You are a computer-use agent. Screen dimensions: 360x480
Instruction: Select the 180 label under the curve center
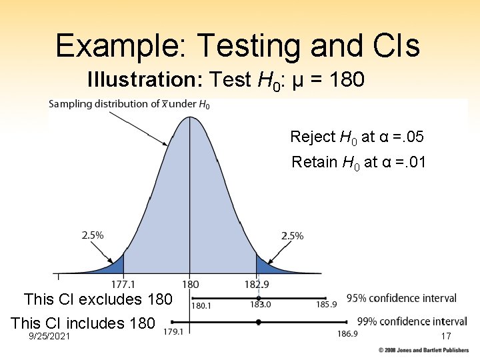click(191, 284)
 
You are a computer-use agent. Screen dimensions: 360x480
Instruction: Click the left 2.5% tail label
click(93, 235)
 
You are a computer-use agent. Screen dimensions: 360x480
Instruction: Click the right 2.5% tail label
click(292, 235)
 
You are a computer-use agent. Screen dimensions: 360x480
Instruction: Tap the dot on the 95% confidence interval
click(259, 298)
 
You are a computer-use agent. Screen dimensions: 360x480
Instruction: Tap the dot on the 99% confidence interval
click(259, 322)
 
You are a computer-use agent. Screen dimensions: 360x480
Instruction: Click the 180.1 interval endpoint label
click(201, 305)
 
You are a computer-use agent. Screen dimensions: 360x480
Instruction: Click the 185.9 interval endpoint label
click(327, 305)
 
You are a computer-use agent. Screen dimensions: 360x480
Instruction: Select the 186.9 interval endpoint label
click(347, 333)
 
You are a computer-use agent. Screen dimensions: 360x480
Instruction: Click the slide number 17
click(446, 337)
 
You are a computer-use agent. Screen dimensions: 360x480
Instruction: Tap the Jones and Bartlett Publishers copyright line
click(423, 350)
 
